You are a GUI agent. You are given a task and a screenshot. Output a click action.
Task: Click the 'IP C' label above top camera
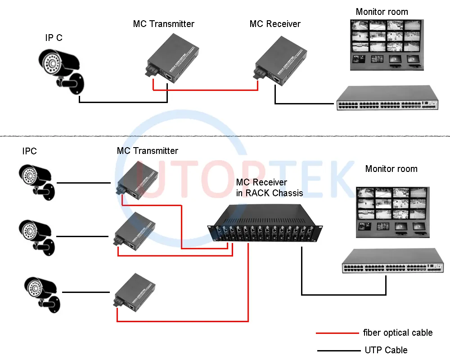click(x=54, y=38)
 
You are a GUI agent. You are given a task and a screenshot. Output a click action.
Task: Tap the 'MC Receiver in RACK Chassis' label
click(x=269, y=188)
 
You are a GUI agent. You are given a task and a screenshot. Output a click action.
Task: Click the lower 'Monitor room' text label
click(x=391, y=169)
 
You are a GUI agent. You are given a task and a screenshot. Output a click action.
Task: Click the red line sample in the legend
click(x=337, y=333)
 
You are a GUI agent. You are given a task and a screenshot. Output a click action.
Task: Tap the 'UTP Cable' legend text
click(x=386, y=350)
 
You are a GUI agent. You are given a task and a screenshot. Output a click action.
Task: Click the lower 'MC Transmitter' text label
click(x=147, y=151)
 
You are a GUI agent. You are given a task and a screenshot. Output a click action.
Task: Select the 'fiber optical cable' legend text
click(x=397, y=333)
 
